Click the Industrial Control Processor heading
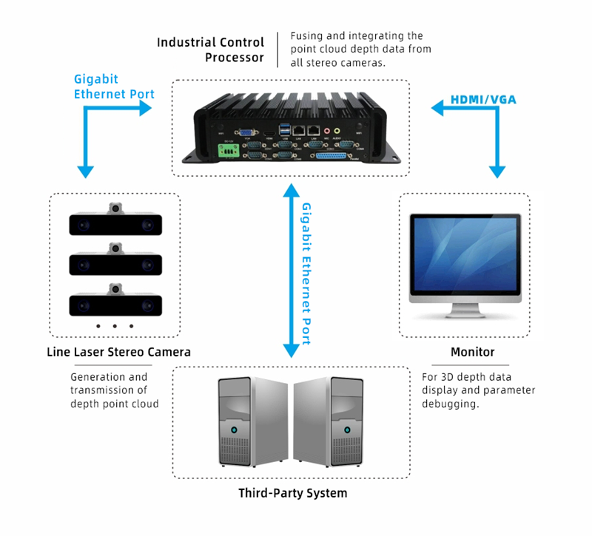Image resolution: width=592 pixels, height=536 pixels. (210, 50)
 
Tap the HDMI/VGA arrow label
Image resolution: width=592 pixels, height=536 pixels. (484, 99)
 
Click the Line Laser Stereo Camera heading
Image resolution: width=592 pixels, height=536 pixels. (118, 352)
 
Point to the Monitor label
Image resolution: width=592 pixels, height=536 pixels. (472, 352)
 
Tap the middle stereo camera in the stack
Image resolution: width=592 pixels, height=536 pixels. (115, 263)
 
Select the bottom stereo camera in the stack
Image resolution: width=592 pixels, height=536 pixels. (115, 303)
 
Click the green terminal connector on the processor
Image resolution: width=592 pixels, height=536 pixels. (228, 152)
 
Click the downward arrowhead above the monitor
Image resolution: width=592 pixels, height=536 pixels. (496, 172)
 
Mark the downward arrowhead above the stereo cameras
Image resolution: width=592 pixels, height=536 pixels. (86, 172)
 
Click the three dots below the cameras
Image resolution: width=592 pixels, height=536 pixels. (115, 326)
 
